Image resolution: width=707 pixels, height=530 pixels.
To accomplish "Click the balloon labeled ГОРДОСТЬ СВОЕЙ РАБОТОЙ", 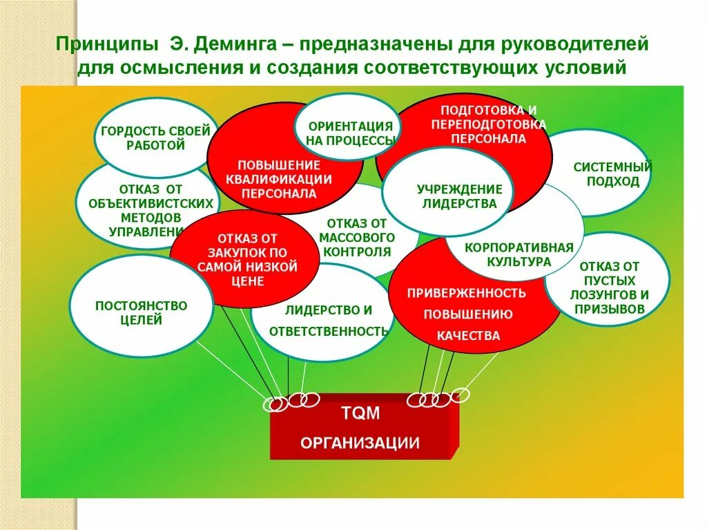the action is click(x=155, y=138).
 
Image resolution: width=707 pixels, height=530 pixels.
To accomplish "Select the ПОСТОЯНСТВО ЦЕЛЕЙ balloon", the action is click(x=141, y=312).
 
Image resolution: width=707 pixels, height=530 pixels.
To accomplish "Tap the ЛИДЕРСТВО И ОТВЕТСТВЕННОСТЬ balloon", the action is click(x=328, y=320).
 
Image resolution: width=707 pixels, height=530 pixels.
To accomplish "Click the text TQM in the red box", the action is click(x=360, y=413).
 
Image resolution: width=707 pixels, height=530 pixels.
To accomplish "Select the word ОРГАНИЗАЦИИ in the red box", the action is click(x=360, y=443).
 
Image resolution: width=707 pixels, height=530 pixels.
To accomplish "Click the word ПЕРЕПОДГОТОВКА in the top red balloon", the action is click(x=488, y=124).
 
